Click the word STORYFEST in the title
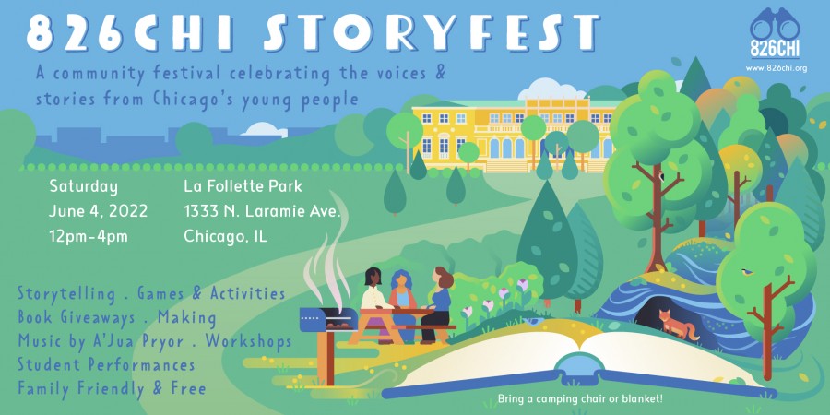431,32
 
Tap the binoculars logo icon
775,25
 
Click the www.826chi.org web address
776,69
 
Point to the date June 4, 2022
99,212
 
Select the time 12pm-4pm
89,237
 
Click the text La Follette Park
243,186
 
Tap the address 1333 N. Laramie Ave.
262,212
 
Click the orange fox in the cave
678,325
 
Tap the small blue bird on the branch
747,272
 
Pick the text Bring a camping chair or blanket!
581,397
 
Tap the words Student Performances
106,364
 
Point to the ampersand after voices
439,73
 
